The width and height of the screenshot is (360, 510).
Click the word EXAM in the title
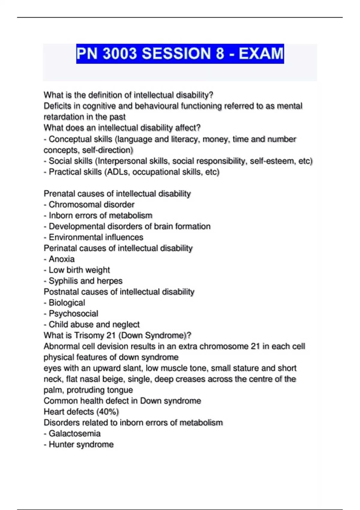pyautogui.click(x=261, y=54)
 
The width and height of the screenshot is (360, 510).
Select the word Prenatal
pyautogui.click(x=59, y=194)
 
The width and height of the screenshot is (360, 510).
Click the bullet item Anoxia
pyautogui.click(x=61, y=259)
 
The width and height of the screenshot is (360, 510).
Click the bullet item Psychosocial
pyautogui.click(x=73, y=314)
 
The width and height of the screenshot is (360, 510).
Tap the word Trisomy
pyautogui.click(x=89, y=335)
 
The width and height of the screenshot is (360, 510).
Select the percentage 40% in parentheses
pyautogui.click(x=108, y=412)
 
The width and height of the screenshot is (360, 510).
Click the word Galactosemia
pyautogui.click(x=74, y=434)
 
